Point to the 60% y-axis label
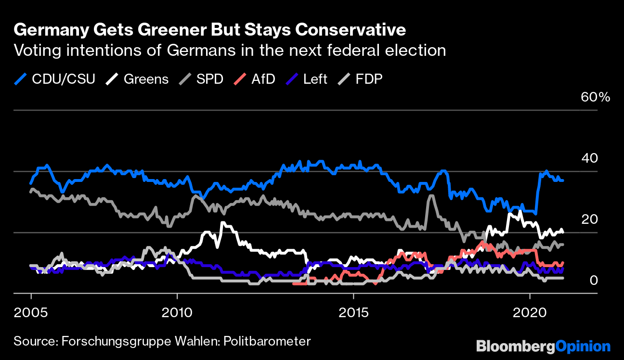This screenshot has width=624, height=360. coord(596,97)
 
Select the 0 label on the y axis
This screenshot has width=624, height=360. coord(594,280)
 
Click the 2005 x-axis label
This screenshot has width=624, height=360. coord(31,312)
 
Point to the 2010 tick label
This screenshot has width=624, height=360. coord(177,312)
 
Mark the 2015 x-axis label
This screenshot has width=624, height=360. coord(354,312)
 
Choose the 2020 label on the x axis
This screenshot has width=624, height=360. coord(530,312)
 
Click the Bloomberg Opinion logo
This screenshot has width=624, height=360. coord(543,346)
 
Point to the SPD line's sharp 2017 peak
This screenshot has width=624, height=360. coord(431,195)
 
